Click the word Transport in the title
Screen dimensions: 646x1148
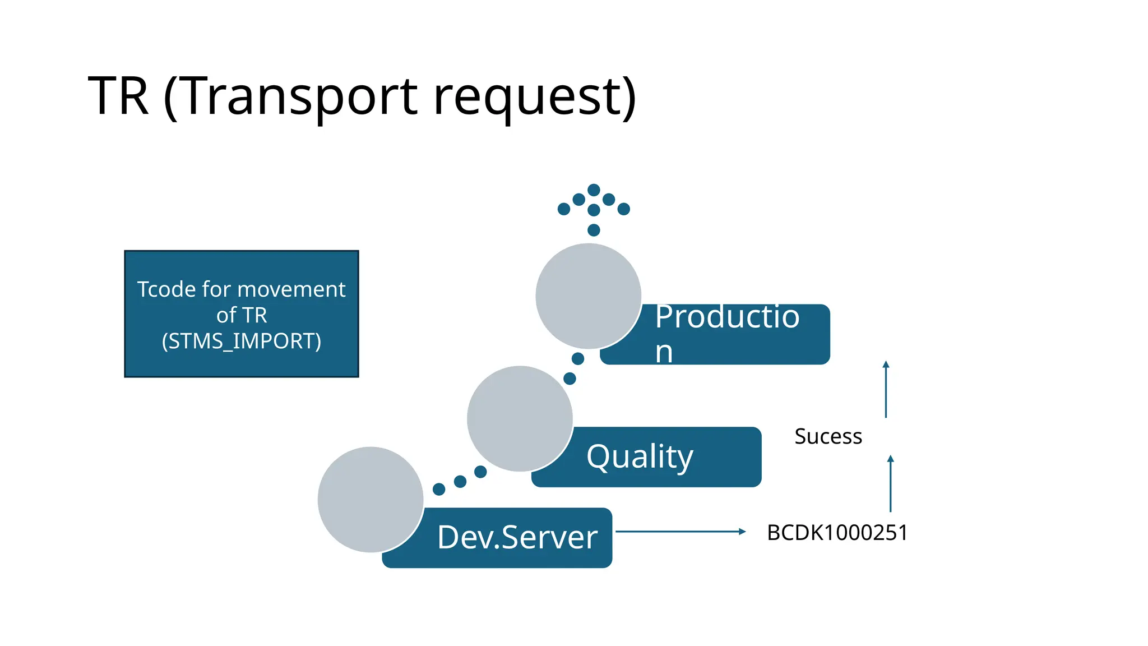coord(298,96)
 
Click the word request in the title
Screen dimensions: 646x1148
coord(535,96)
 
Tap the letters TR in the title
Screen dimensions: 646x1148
coord(119,96)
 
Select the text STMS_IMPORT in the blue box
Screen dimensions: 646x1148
coord(242,342)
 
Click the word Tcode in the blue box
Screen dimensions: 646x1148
coord(167,289)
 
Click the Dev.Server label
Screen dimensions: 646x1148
coord(517,537)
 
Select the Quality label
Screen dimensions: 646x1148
coord(640,456)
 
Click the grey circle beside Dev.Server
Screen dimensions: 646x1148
coord(371,500)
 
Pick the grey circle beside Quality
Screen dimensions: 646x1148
coord(520,418)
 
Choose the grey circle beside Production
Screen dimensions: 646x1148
coord(588,296)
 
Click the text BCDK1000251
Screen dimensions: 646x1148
coord(837,533)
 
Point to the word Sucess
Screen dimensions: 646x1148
coord(828,436)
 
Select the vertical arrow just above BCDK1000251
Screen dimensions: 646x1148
coord(890,483)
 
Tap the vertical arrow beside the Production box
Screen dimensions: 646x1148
coord(886,389)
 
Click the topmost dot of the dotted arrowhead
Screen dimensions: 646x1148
coord(594,190)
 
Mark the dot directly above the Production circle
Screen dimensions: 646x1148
coord(594,230)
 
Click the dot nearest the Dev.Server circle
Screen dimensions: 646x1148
coord(439,490)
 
